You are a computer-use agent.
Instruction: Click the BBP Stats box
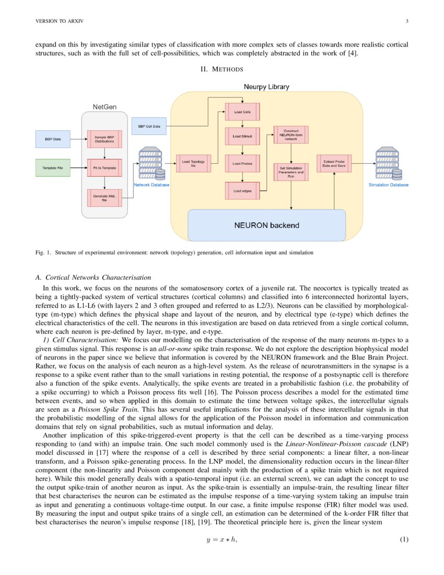pyautogui.click(x=52, y=140)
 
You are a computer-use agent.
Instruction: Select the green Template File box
pyautogui.click(x=52, y=168)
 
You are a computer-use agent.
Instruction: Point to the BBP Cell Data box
pyautogui.click(x=149, y=126)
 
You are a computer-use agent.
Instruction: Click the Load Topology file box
pyautogui.click(x=193, y=164)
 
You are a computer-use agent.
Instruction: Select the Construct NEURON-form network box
pyautogui.click(x=290, y=135)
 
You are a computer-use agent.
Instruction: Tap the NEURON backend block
pyautogui.click(x=266, y=225)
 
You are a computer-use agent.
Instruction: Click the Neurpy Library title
pyautogui.click(x=266, y=86)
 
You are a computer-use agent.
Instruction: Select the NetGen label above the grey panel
pyautogui.click(x=104, y=107)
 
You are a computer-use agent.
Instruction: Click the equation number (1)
pyautogui.click(x=404, y=539)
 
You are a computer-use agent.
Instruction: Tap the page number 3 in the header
pyautogui.click(x=406, y=21)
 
